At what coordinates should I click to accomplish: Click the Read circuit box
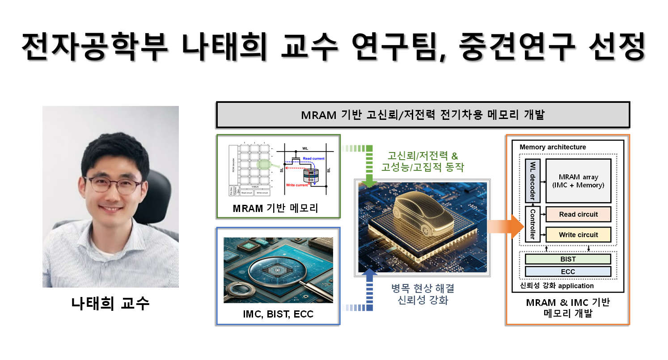pyautogui.click(x=578, y=214)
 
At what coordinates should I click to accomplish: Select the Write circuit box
pyautogui.click(x=578, y=235)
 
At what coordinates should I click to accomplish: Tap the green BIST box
pyautogui.click(x=568, y=259)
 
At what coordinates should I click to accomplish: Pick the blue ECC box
pyautogui.click(x=568, y=271)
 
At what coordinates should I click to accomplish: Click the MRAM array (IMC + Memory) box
pyautogui.click(x=578, y=181)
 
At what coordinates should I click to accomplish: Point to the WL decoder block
pyautogui.click(x=532, y=181)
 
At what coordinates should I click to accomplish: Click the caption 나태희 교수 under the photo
pyautogui.click(x=110, y=303)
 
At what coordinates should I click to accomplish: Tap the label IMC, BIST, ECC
pyautogui.click(x=278, y=314)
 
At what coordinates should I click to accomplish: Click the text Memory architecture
pyautogui.click(x=553, y=147)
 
